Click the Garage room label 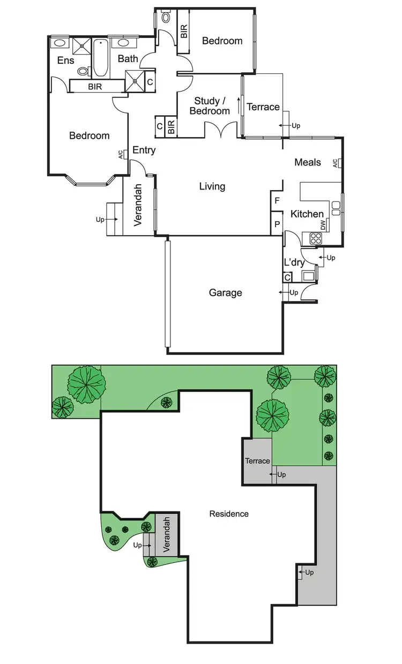click(x=225, y=293)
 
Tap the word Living click(x=212, y=186)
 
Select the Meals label click(x=308, y=162)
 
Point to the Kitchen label click(x=307, y=214)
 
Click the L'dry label click(x=294, y=262)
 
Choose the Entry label click(x=144, y=150)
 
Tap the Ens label click(x=65, y=61)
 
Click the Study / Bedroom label click(x=210, y=105)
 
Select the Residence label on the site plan click(x=229, y=514)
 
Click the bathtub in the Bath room click(x=100, y=58)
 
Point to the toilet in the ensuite click(x=83, y=71)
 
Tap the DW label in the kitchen click(x=323, y=225)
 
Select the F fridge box click(x=277, y=201)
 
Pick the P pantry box click(x=277, y=224)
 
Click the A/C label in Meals click(x=335, y=163)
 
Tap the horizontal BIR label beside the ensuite click(x=95, y=86)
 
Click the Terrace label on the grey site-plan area click(x=257, y=461)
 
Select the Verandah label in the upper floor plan click(x=137, y=205)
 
